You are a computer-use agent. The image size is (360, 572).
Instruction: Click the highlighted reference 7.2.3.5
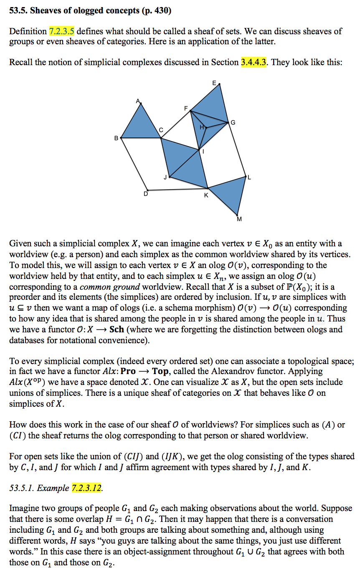tap(62, 31)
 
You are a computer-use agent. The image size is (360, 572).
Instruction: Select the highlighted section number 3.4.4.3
tap(254, 63)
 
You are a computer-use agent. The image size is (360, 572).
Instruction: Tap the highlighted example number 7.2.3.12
tap(87, 488)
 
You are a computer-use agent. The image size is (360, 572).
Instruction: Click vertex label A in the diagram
tap(137, 101)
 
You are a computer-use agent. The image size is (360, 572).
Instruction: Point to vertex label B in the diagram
tap(116, 138)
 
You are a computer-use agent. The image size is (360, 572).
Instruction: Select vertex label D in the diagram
tap(146, 193)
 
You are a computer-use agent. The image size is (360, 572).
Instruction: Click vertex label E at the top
tap(214, 83)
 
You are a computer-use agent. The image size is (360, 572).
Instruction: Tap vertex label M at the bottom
tap(239, 219)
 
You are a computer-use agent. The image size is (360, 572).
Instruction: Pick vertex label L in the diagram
tap(250, 177)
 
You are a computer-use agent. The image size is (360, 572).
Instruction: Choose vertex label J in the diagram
tap(165, 177)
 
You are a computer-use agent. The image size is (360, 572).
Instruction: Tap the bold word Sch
tap(117, 329)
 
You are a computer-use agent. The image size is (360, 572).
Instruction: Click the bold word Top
tap(160, 371)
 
